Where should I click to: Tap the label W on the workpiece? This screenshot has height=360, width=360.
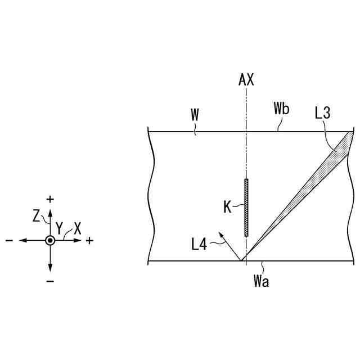pos(195,115)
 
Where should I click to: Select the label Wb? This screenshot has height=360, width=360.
pos(281,109)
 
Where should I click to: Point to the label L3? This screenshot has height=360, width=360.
pos(322,113)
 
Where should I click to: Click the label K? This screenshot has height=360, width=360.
pos(228,207)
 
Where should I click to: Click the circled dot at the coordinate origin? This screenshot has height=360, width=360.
pos(51,240)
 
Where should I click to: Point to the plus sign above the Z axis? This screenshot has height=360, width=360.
pos(51,199)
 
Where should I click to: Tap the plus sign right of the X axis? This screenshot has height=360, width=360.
pos(89,241)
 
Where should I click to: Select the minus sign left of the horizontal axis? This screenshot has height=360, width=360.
pos(10,241)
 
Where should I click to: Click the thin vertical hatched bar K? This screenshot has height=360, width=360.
pos(246,207)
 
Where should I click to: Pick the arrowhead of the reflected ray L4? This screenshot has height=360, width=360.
pos(220,232)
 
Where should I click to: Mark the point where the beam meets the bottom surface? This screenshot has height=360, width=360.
pos(242,261)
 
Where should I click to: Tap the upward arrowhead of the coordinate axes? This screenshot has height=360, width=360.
pos(51,211)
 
